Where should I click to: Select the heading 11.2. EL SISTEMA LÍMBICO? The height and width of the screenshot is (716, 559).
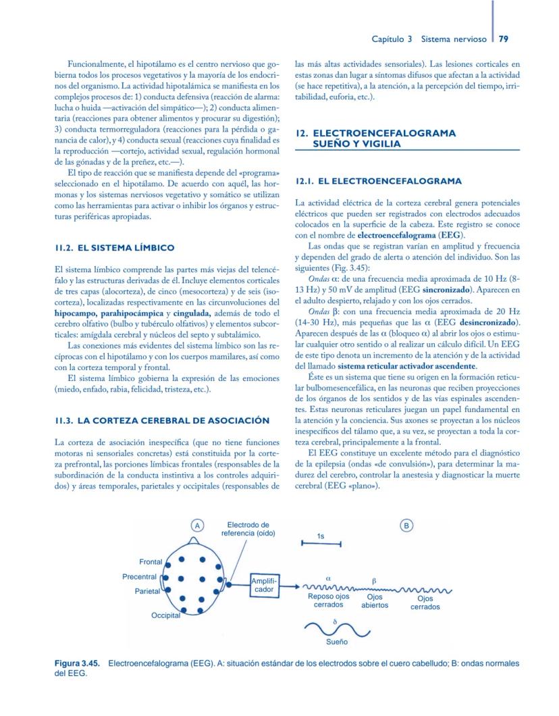coord(115,248)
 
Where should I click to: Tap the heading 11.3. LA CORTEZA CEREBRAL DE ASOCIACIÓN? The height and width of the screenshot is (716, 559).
coord(162,420)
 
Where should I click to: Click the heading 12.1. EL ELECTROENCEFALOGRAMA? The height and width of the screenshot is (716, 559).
coord(379,181)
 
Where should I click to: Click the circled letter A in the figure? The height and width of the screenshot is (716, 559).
coord(197,525)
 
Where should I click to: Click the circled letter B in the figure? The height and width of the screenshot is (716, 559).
coord(407,525)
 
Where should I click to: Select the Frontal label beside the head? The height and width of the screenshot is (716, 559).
coord(151,562)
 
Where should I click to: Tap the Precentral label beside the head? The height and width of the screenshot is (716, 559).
coord(139,577)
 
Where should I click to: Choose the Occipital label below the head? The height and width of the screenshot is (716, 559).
coord(166,615)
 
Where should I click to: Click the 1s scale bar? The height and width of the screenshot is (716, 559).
coord(321,543)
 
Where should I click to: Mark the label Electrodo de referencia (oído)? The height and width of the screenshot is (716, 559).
coord(248,529)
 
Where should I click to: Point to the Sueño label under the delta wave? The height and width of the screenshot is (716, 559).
coord(337,641)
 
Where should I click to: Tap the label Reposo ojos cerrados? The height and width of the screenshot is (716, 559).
coord(328,600)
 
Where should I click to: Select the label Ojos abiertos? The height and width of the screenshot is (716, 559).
coord(374,601)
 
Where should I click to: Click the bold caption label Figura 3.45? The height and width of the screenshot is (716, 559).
coord(78,664)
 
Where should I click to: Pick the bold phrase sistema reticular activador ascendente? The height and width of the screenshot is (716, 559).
coord(400,365)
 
